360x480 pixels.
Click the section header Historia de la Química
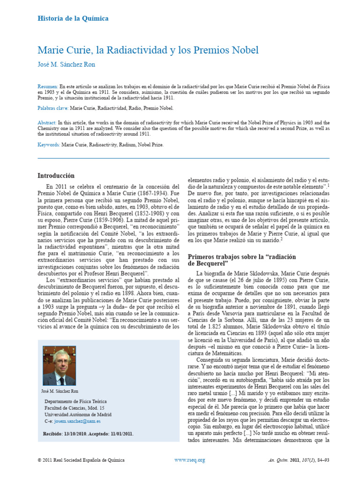(73, 19)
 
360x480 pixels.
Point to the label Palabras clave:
(53, 108)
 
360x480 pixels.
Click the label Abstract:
(47, 122)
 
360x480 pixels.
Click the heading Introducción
(56, 176)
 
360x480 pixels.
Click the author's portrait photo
(60, 365)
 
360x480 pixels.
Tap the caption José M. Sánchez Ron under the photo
(60, 391)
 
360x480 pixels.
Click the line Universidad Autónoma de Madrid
(78, 415)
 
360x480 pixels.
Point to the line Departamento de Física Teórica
(75, 402)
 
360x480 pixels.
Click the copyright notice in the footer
(81, 460)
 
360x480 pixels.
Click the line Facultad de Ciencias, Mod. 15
(74, 408)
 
